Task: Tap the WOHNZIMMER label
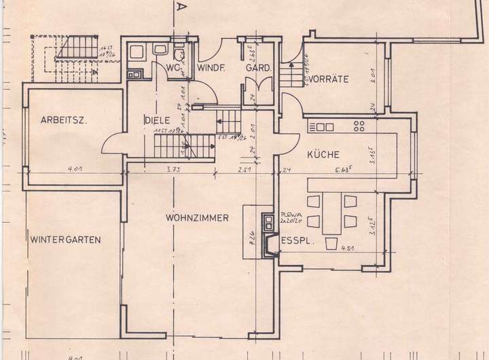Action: click(196, 218)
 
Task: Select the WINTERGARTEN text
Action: click(65, 239)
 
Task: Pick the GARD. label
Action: click(258, 69)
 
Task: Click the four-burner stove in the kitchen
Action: click(359, 126)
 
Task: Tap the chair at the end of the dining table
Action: click(332, 245)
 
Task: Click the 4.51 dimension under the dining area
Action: click(331, 257)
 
